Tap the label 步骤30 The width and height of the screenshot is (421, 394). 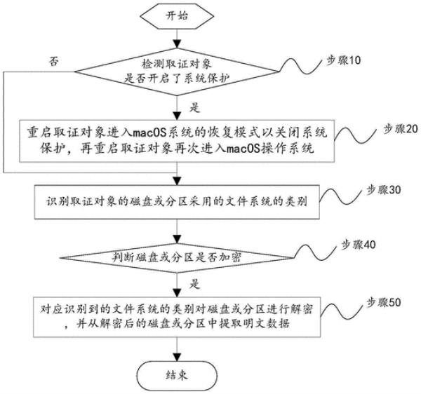coord(382,190)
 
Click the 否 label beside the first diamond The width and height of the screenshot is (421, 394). coord(53,61)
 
